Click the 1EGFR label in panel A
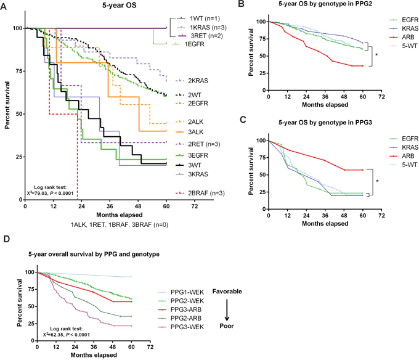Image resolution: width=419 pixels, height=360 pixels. pyautogui.click(x=194, y=43)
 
